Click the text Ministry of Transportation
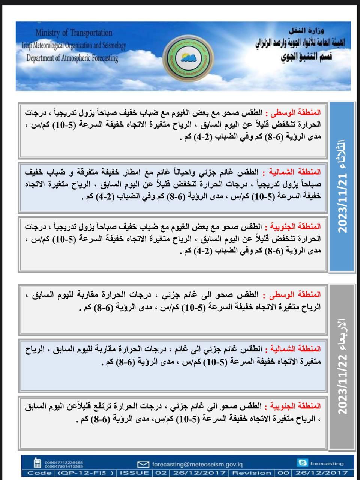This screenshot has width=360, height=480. [x=73, y=33]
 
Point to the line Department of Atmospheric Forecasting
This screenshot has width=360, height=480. [x=72, y=58]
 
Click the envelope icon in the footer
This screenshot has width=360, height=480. [x=143, y=464]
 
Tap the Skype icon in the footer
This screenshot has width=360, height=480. [x=302, y=463]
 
